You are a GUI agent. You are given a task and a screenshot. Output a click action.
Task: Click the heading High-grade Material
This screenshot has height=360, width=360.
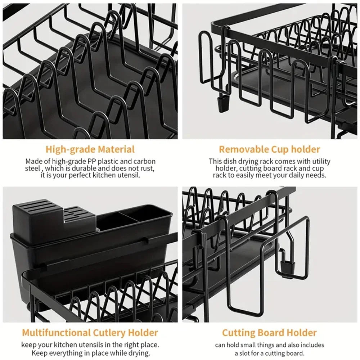click(x=90, y=149)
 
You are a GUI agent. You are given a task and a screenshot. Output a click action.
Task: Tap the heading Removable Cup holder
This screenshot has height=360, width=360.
click(x=269, y=149)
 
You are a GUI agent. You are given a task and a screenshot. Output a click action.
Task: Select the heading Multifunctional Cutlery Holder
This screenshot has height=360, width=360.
click(x=90, y=332)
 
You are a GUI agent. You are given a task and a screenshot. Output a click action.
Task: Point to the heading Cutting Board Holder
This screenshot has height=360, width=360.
click(x=269, y=332)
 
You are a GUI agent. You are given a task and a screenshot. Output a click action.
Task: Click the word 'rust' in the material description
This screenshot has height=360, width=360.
click(x=147, y=168)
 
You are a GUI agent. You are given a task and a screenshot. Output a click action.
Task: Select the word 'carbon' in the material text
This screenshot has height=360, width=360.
click(x=145, y=161)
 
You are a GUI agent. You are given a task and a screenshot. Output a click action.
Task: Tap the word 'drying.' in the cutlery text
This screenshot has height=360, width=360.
click(x=138, y=353)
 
